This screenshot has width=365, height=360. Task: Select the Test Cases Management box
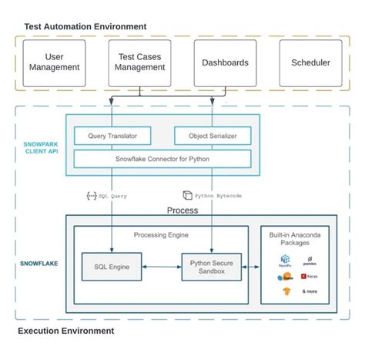(x=139, y=62)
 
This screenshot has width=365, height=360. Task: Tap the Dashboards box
(x=225, y=62)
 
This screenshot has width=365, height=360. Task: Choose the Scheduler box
(x=310, y=62)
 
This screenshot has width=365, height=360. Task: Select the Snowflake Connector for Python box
(x=162, y=159)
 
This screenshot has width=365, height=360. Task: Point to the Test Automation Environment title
(x=85, y=27)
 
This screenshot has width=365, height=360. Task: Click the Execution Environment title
(x=65, y=331)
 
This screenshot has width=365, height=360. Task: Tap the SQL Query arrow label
(x=111, y=196)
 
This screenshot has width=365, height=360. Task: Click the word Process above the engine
(x=182, y=210)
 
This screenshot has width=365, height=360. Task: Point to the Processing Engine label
(x=162, y=234)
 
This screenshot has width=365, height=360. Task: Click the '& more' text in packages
(x=310, y=291)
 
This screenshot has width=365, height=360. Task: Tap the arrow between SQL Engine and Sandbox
(x=162, y=267)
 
